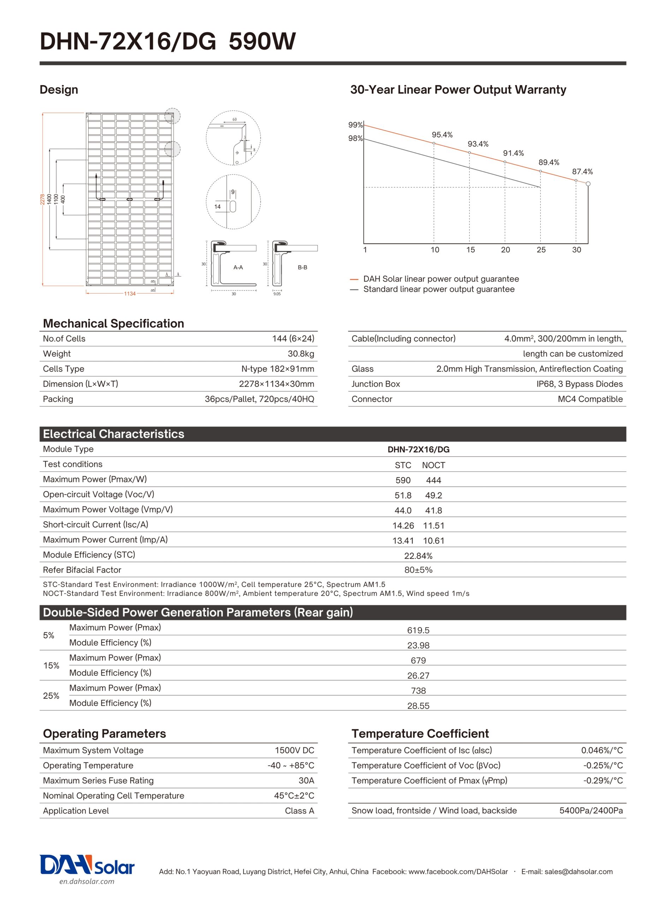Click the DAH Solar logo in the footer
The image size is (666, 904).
87,866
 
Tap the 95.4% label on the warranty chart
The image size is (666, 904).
442,135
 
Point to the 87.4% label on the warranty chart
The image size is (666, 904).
582,172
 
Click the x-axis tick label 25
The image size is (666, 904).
541,250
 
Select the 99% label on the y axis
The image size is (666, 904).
355,125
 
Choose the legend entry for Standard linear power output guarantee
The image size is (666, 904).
438,289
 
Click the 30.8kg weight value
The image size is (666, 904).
301,354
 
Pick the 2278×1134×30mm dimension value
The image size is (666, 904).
276,384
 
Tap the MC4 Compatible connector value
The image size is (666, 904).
590,399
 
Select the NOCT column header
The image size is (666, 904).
433,465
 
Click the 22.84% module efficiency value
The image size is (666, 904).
418,556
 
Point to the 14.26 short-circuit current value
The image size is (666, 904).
403,525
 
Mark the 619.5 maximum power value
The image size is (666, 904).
418,630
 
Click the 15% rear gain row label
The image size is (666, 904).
51,665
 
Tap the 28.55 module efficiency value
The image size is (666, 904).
418,706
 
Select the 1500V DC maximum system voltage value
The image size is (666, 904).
294,750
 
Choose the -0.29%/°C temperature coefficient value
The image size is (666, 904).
603,781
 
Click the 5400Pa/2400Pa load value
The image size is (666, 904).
591,810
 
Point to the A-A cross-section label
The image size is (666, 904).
238,267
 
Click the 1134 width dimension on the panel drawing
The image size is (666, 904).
129,293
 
